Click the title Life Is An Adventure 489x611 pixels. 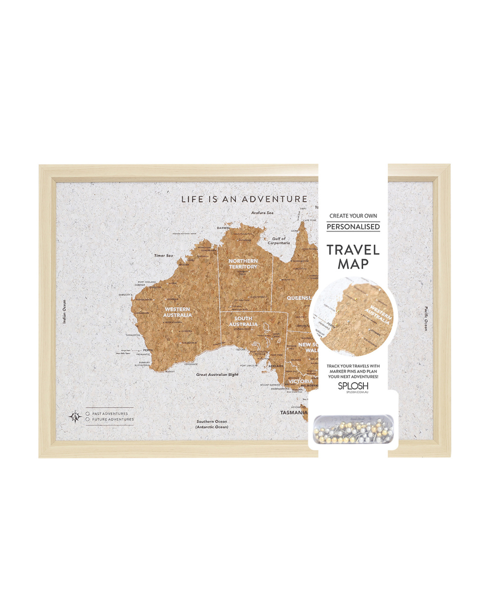click(244, 199)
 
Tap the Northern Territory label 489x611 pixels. click(243, 264)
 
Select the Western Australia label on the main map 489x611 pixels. click(177, 312)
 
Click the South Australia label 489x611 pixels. click(243, 321)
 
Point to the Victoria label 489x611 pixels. click(300, 382)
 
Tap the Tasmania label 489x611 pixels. click(293, 413)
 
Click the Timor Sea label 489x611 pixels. click(163, 256)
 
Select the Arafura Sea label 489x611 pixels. click(262, 213)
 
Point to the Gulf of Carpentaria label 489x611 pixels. click(278, 241)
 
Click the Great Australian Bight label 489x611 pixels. click(217, 375)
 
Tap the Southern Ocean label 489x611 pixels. click(211, 424)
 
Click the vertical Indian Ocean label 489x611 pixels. click(64, 311)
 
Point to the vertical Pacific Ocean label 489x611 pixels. click(426, 319)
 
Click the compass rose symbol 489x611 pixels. click(75, 416)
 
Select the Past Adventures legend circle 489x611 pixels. click(87, 414)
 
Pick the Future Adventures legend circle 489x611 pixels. click(87, 420)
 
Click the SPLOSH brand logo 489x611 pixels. click(353, 386)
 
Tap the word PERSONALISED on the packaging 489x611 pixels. click(353, 227)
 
